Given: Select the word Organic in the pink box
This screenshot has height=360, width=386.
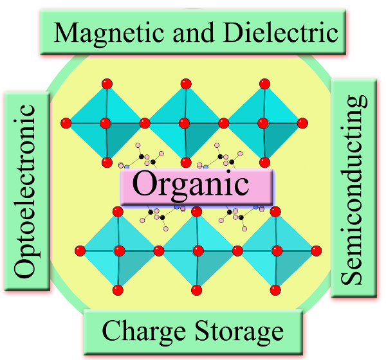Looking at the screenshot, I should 190,184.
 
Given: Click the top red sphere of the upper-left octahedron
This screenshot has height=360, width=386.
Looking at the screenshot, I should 107,83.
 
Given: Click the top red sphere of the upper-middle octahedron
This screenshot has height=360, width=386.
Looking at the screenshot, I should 186,83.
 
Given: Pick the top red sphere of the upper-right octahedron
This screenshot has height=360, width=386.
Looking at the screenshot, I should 264,83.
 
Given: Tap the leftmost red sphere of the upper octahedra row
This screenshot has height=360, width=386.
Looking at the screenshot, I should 64,122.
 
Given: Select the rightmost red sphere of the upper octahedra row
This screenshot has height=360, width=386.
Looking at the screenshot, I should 302,122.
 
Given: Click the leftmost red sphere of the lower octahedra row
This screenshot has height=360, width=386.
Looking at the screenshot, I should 80,250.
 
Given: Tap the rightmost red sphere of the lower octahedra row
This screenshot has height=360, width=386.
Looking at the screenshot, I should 317,250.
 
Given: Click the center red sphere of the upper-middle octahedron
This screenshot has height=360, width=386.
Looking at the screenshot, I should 184,122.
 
